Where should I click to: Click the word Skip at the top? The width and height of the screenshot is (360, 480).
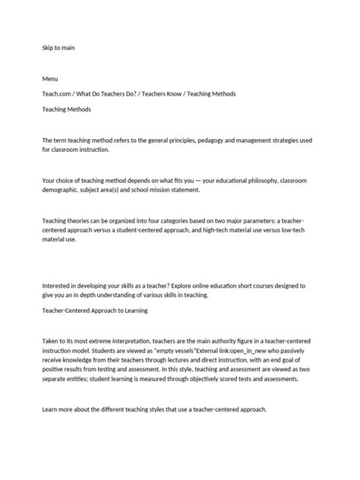click(49, 48)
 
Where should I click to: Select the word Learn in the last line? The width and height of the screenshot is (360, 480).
click(52, 410)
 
